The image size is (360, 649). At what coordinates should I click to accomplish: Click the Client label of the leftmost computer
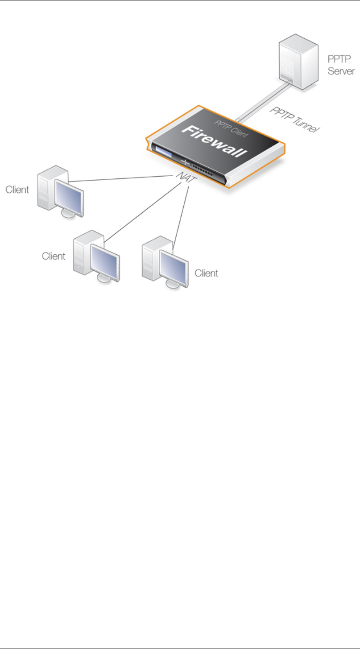pyautogui.click(x=17, y=190)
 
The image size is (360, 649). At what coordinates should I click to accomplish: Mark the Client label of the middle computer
pyautogui.click(x=54, y=256)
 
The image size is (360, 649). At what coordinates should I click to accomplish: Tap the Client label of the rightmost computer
pyautogui.click(x=207, y=273)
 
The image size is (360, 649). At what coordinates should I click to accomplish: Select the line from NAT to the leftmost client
pyautogui.click(x=123, y=179)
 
